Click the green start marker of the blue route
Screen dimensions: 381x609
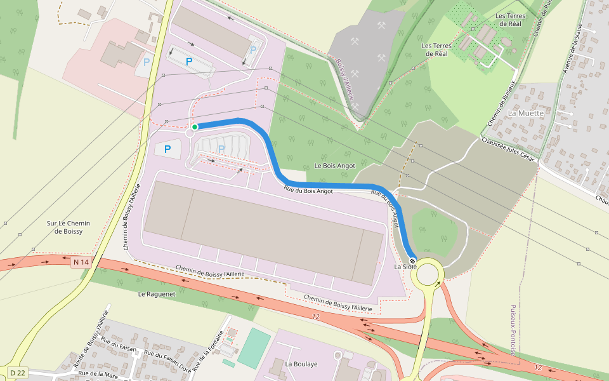coord(195,127)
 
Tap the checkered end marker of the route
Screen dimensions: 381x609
coord(412,261)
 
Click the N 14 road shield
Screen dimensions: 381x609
coord(81,262)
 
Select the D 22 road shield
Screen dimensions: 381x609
coord(17,372)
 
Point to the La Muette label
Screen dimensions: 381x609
coord(526,113)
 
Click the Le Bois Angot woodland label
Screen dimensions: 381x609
coord(335,166)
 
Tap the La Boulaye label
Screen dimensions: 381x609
coord(301,364)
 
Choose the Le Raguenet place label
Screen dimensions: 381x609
coord(156,294)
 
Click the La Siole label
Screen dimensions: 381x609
coord(405,267)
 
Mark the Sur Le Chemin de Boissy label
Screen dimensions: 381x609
coord(69,227)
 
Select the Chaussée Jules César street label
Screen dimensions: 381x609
coord(510,150)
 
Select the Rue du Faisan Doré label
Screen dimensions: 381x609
coord(168,361)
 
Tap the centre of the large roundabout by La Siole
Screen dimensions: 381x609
coord(429,274)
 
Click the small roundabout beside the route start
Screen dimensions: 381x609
coord(190,133)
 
